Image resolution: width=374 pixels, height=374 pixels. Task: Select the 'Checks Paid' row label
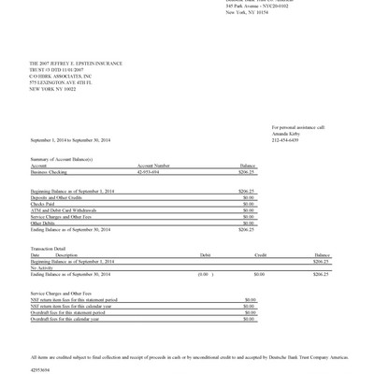[x=42, y=203]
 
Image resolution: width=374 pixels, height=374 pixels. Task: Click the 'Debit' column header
[x=205, y=254]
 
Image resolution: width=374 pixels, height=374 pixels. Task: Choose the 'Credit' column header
[x=261, y=254]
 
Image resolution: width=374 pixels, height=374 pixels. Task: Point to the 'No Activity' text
[x=43, y=266]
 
